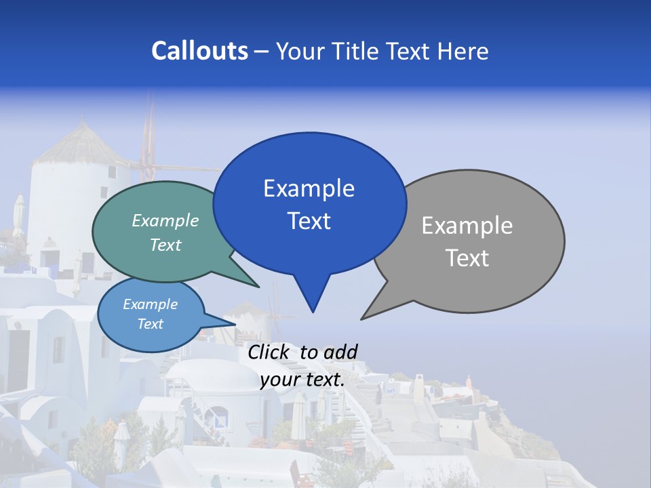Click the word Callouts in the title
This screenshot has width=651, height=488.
pyautogui.click(x=199, y=51)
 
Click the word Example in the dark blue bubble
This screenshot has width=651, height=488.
pyautogui.click(x=309, y=188)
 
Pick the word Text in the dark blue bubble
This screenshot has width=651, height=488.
pyautogui.click(x=309, y=220)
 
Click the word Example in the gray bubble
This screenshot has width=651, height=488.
pyautogui.click(x=467, y=226)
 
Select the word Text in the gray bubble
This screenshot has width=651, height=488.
pyautogui.click(x=467, y=258)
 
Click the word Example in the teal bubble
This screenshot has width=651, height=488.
pyautogui.click(x=165, y=220)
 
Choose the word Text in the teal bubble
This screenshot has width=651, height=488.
pyautogui.click(x=165, y=245)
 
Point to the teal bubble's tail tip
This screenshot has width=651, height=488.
pyautogui.click(x=258, y=287)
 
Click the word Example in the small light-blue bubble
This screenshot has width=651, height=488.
pyautogui.click(x=150, y=304)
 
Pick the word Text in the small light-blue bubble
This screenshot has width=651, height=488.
pyautogui.click(x=150, y=324)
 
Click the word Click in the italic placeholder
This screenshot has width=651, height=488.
pyautogui.click(x=269, y=352)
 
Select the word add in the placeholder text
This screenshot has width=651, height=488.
pyautogui.click(x=340, y=352)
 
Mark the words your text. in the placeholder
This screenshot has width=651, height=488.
pyautogui.click(x=302, y=380)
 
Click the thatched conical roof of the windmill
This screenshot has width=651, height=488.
pyautogui.click(x=81, y=144)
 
